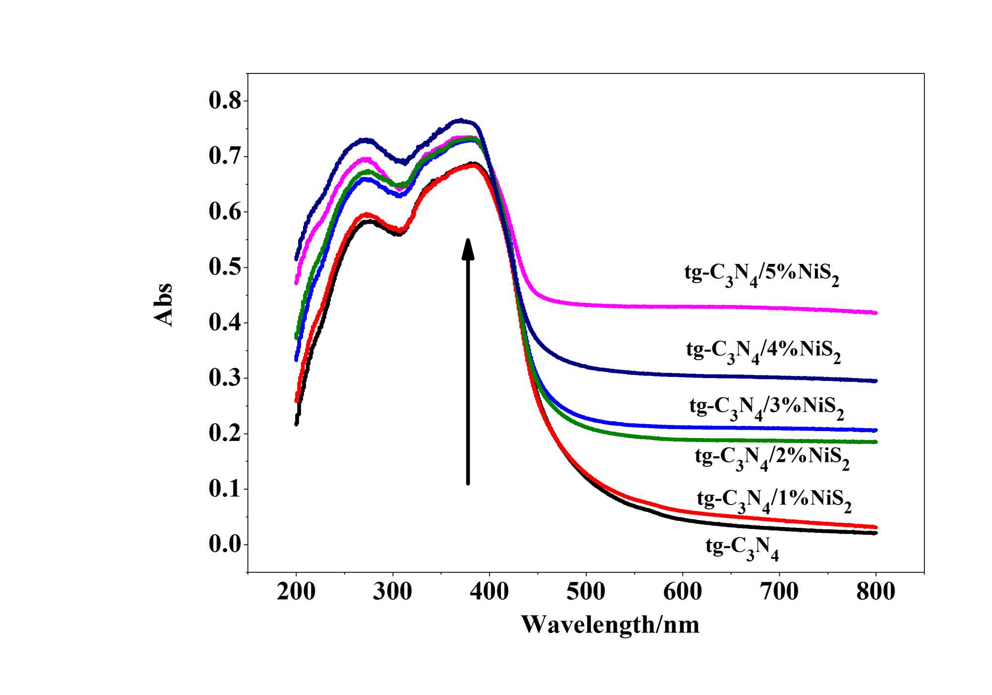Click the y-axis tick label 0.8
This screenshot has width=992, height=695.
(225, 101)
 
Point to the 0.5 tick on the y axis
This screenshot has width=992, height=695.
(225, 267)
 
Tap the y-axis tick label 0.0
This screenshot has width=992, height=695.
(225, 544)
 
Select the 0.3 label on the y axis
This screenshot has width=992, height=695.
(225, 378)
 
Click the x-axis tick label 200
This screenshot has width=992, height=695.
(296, 592)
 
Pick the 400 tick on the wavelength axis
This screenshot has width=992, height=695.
(489, 592)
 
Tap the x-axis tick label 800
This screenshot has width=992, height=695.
(875, 592)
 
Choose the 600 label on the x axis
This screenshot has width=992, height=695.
(682, 592)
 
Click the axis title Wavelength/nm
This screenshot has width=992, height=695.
(610, 625)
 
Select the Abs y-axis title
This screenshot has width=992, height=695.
(163, 305)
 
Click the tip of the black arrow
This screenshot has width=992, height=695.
(468, 240)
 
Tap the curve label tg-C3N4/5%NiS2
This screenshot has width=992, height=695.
(761, 274)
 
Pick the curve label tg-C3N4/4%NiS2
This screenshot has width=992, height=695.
(763, 351)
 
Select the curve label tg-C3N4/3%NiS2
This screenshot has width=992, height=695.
(766, 408)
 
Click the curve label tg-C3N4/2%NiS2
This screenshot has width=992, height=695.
(772, 457)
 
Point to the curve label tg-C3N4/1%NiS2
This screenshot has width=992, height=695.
(774, 500)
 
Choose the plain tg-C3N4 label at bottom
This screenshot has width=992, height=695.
(742, 548)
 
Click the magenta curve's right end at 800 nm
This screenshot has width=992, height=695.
(875, 313)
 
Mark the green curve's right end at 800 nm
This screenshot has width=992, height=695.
(875, 442)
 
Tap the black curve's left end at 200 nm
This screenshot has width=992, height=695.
(297, 423)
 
